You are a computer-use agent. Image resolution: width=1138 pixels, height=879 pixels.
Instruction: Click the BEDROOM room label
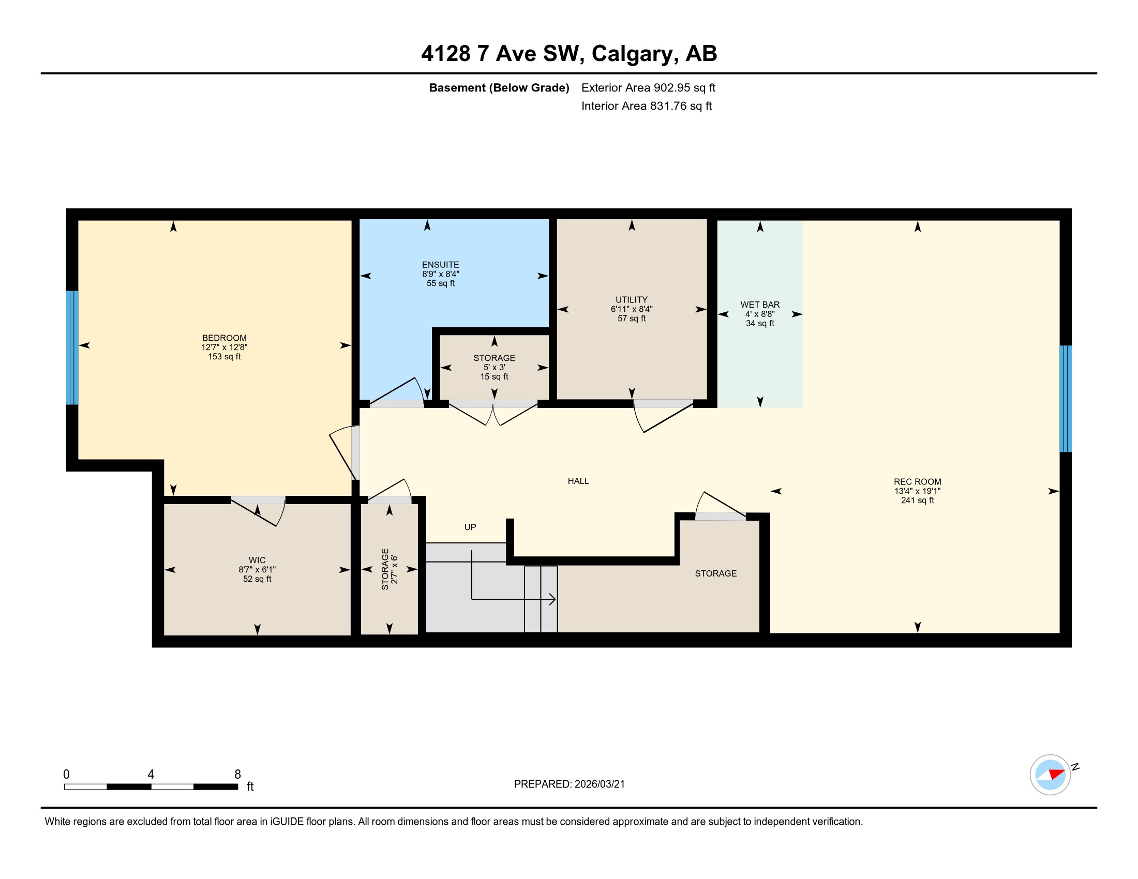coord(224,338)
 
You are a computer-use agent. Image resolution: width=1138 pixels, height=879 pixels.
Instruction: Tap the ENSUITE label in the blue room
coord(440,265)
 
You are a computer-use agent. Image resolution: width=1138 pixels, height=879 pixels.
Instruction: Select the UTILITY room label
coord(632,299)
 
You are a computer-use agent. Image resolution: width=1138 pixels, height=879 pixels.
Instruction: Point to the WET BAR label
coord(760,305)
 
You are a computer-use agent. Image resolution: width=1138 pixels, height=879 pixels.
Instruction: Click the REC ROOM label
coord(917,482)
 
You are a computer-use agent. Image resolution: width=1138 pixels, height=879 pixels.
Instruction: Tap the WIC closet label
coord(257,560)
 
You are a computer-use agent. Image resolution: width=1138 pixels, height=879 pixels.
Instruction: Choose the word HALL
coord(578,481)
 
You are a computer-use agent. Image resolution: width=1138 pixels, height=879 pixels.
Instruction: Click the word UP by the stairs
coord(470,527)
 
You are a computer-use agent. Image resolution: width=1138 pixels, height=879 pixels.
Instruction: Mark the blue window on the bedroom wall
coord(72,347)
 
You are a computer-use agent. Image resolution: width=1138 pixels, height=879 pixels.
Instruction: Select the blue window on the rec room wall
coord(1066,398)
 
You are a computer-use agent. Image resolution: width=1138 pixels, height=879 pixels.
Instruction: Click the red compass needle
coord(1057,774)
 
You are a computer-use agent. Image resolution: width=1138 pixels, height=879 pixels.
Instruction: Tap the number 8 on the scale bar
coord(237,775)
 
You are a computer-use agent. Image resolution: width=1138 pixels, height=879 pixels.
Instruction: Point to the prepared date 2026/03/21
coord(598,784)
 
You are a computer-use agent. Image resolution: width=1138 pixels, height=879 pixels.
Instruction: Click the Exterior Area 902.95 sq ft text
coord(648,87)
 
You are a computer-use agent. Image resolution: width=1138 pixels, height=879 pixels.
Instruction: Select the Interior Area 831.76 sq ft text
coord(646,105)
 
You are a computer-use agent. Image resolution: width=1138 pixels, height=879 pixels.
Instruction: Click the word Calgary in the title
coord(635,54)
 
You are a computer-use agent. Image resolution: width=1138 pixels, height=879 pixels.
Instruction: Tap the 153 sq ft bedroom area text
coord(224,357)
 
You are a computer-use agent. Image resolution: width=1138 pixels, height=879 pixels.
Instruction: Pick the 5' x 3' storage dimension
coord(494,367)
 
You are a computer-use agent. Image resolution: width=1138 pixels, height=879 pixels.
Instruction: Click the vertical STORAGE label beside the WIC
coord(385,569)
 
